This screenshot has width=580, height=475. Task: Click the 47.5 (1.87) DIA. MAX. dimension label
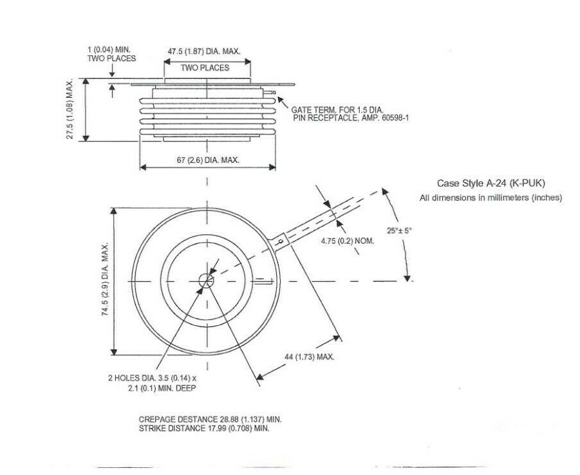(204, 51)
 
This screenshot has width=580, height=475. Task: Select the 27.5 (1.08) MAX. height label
(70, 110)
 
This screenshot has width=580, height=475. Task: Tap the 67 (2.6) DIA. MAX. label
(208, 160)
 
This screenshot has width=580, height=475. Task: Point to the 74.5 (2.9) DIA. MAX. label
(106, 279)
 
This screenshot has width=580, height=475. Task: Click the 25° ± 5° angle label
(399, 230)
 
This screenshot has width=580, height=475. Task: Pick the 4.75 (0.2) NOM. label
(348, 241)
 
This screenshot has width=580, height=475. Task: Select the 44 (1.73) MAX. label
(310, 357)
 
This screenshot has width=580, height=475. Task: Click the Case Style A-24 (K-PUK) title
(491, 183)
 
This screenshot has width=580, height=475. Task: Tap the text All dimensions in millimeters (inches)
(491, 198)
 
